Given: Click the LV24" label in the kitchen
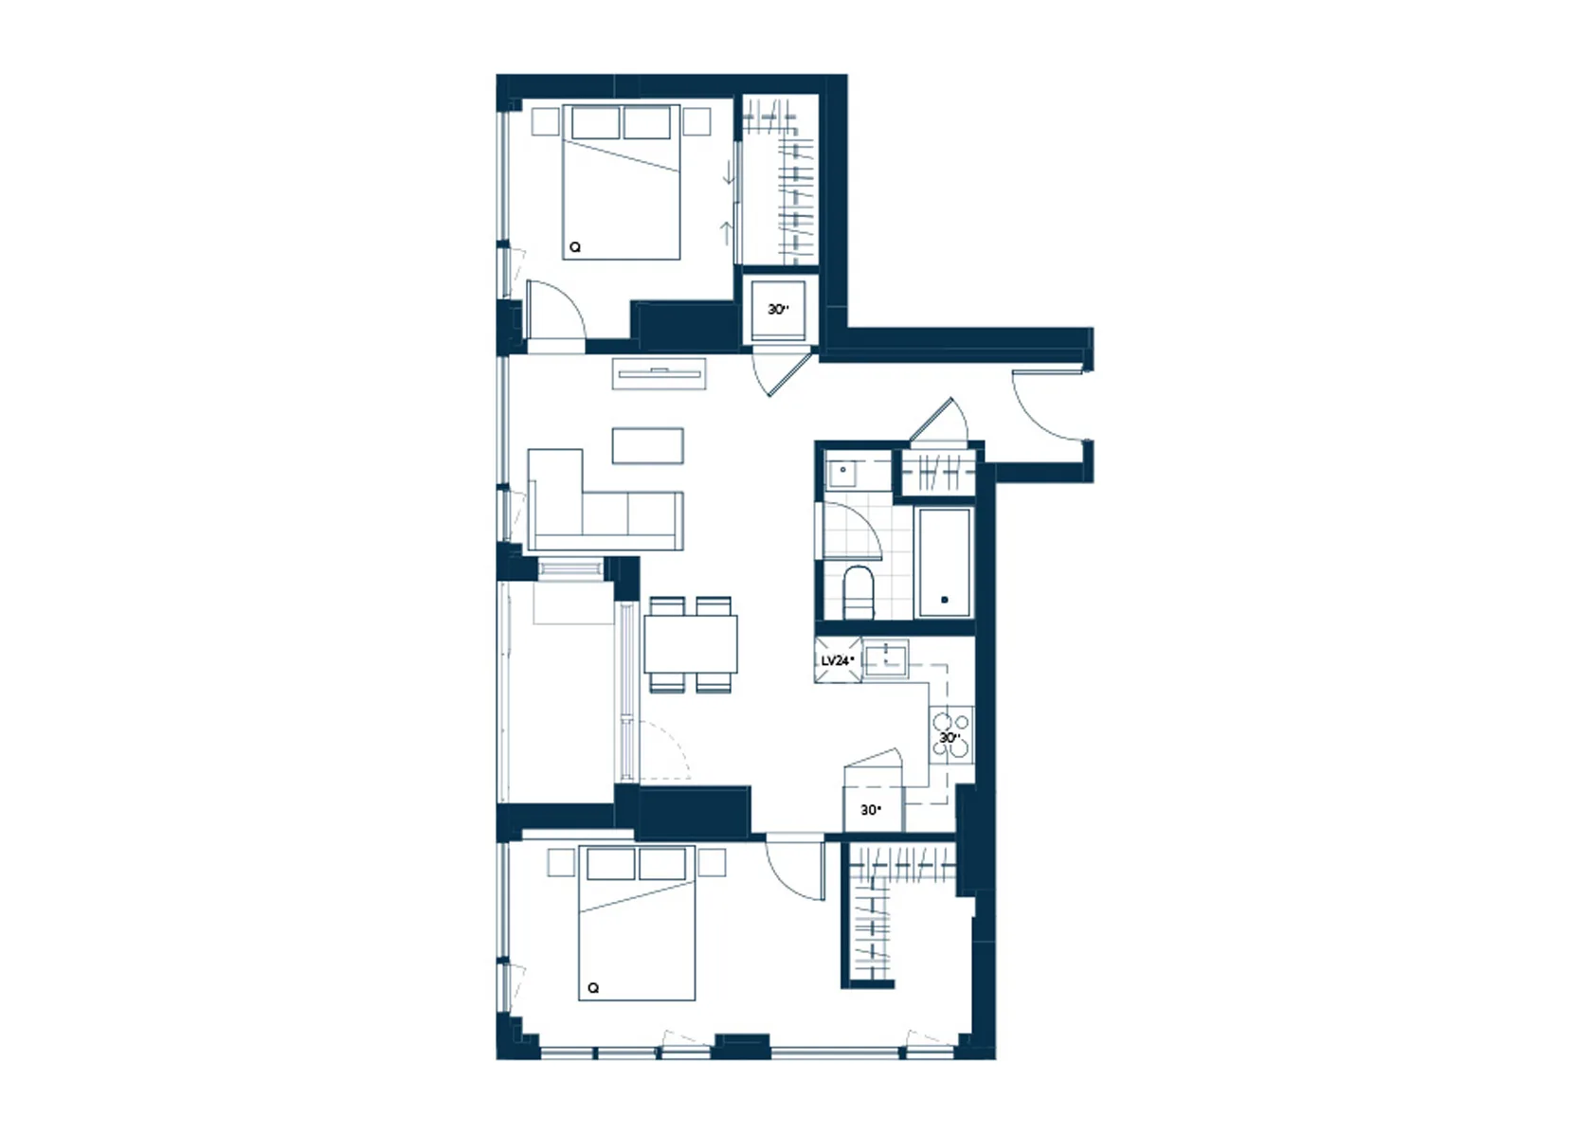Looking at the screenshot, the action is (x=838, y=661).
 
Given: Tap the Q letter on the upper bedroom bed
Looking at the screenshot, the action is (x=575, y=247).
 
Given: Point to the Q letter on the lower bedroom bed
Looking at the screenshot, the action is (x=593, y=987).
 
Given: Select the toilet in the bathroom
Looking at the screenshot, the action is (x=858, y=593).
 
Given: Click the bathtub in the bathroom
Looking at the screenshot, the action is (x=945, y=562).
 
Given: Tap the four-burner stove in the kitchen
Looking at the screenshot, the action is (x=951, y=736).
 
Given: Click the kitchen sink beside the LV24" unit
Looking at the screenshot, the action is (x=885, y=659).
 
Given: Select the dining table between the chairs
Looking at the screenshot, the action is (x=691, y=644).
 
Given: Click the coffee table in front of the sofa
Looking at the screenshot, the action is (x=648, y=445).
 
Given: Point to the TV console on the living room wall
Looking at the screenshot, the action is (x=660, y=373).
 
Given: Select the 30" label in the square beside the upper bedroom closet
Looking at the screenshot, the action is (x=778, y=309).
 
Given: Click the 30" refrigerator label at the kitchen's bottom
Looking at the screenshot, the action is (x=871, y=810).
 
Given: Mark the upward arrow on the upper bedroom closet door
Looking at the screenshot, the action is (x=726, y=233).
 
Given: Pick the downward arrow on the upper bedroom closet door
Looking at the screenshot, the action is (x=730, y=172).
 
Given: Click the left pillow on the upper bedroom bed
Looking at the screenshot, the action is (x=595, y=122).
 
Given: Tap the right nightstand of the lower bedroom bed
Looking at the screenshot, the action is (x=712, y=862).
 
